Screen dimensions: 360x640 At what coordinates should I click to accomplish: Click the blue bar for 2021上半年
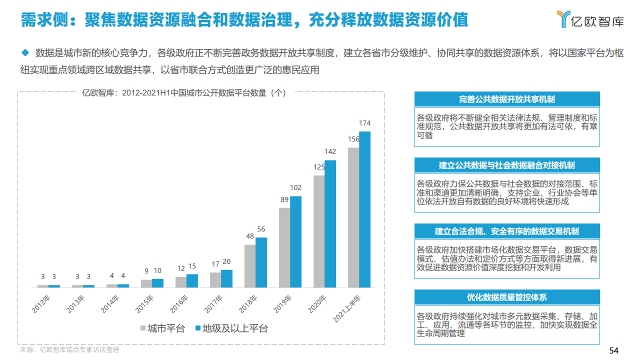pyautogui.click(x=365, y=209)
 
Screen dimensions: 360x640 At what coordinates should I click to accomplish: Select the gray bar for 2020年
pyautogui.click(x=319, y=231)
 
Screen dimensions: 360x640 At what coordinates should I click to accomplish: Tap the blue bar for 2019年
pyautogui.click(x=296, y=242)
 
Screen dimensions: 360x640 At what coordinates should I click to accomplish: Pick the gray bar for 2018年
pyautogui.click(x=250, y=266)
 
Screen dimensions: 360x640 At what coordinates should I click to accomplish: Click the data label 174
pyautogui.click(x=365, y=123)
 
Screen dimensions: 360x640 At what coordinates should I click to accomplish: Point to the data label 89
pyautogui.click(x=284, y=199)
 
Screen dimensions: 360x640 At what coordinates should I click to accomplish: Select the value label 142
pyautogui.click(x=330, y=151)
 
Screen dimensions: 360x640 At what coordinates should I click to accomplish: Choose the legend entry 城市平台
pyautogui.click(x=162, y=328)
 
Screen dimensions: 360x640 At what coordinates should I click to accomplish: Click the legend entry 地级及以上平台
pyautogui.click(x=234, y=328)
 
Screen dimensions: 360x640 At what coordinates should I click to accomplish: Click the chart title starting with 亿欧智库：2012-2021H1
pyautogui.click(x=183, y=92)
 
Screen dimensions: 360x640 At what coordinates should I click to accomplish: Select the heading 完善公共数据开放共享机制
pyautogui.click(x=506, y=99)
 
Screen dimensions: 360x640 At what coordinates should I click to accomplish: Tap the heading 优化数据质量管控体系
pyautogui.click(x=506, y=297)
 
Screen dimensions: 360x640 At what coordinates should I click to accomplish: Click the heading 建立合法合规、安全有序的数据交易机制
pyautogui.click(x=506, y=231)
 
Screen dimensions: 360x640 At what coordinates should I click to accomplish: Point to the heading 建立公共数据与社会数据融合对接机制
pyautogui.click(x=506, y=165)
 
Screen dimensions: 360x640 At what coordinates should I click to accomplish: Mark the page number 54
pyautogui.click(x=614, y=350)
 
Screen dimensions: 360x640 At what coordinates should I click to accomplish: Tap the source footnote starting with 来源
pyautogui.click(x=69, y=350)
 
